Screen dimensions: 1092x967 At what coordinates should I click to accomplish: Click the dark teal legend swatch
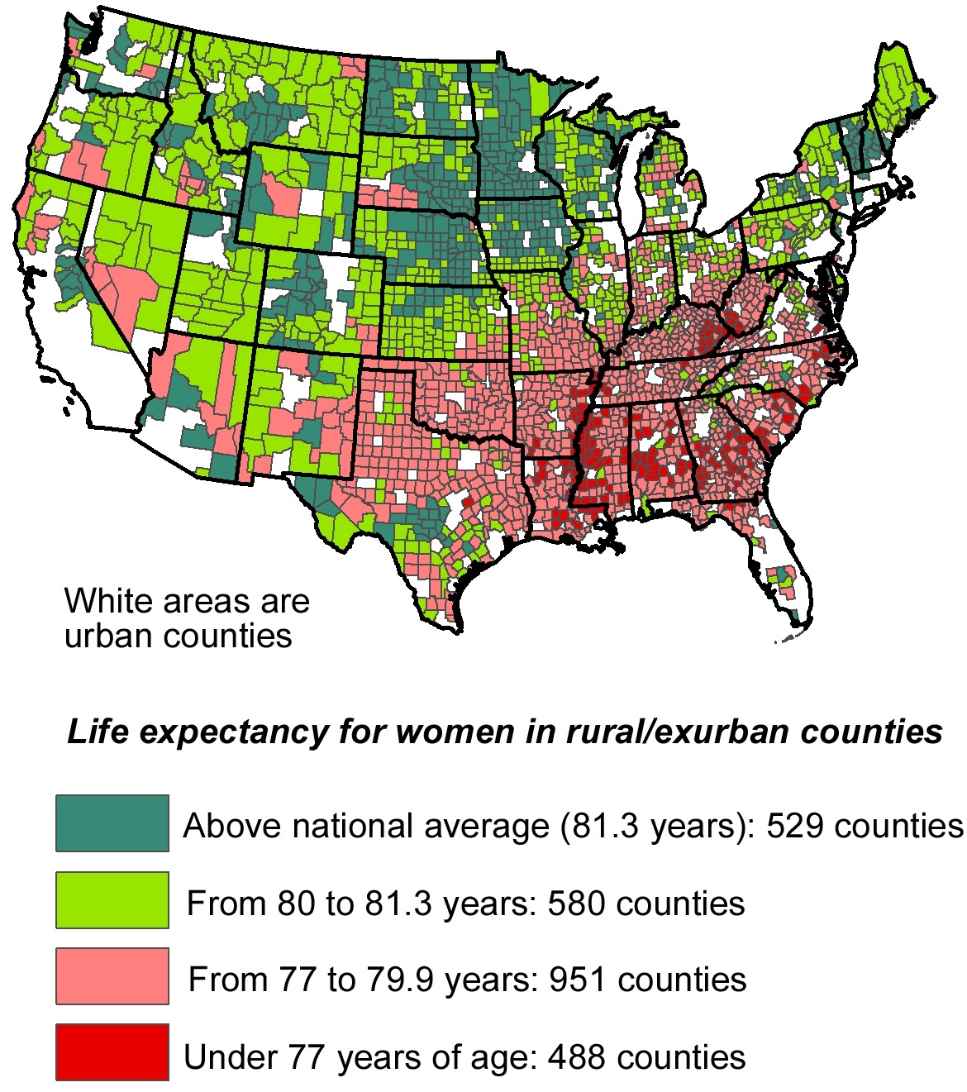coord(112,823)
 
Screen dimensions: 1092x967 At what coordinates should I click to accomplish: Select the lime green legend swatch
coord(112,899)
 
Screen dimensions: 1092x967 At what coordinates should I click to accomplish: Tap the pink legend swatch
coord(112,976)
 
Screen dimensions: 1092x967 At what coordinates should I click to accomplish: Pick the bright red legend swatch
coord(112,1052)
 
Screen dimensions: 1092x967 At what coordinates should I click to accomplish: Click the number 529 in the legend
coord(796,826)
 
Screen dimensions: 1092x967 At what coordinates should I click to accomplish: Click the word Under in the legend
coord(230,1056)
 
